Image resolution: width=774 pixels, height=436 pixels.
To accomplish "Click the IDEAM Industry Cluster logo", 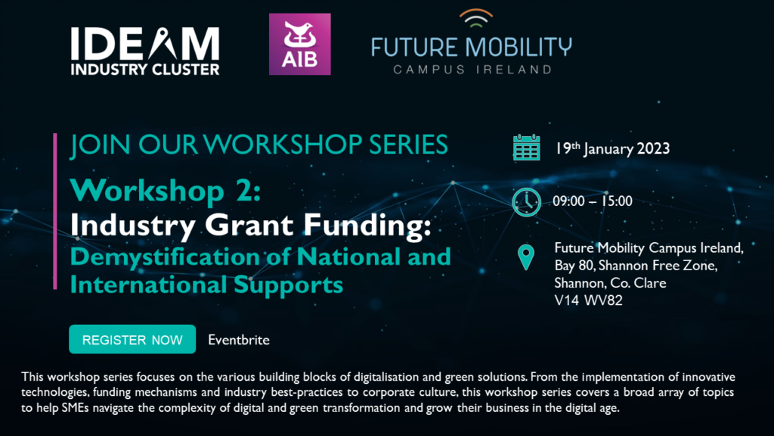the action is click(x=145, y=51).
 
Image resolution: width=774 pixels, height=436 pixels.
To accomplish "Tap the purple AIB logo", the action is click(x=299, y=44).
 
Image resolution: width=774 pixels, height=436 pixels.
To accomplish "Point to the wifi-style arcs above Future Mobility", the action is click(x=475, y=18).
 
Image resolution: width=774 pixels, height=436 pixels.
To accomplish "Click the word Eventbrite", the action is click(x=239, y=340).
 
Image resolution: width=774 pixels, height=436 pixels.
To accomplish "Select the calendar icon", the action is click(x=526, y=148).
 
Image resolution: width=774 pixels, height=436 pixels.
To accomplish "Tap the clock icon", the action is click(x=526, y=202).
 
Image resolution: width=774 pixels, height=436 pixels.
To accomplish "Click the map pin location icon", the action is click(x=526, y=257).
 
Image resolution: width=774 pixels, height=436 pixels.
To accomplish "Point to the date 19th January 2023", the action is click(x=612, y=148).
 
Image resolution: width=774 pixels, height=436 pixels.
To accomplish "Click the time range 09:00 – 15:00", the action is click(x=593, y=201).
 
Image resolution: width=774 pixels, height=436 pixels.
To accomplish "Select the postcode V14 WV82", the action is click(x=588, y=301).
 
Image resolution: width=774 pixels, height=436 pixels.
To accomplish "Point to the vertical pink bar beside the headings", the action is click(x=54, y=211).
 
